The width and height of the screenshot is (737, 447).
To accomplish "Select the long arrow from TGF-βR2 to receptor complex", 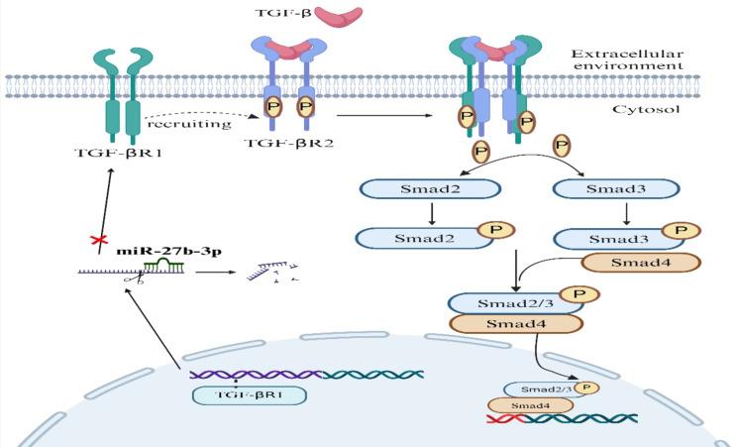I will click(386, 116).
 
